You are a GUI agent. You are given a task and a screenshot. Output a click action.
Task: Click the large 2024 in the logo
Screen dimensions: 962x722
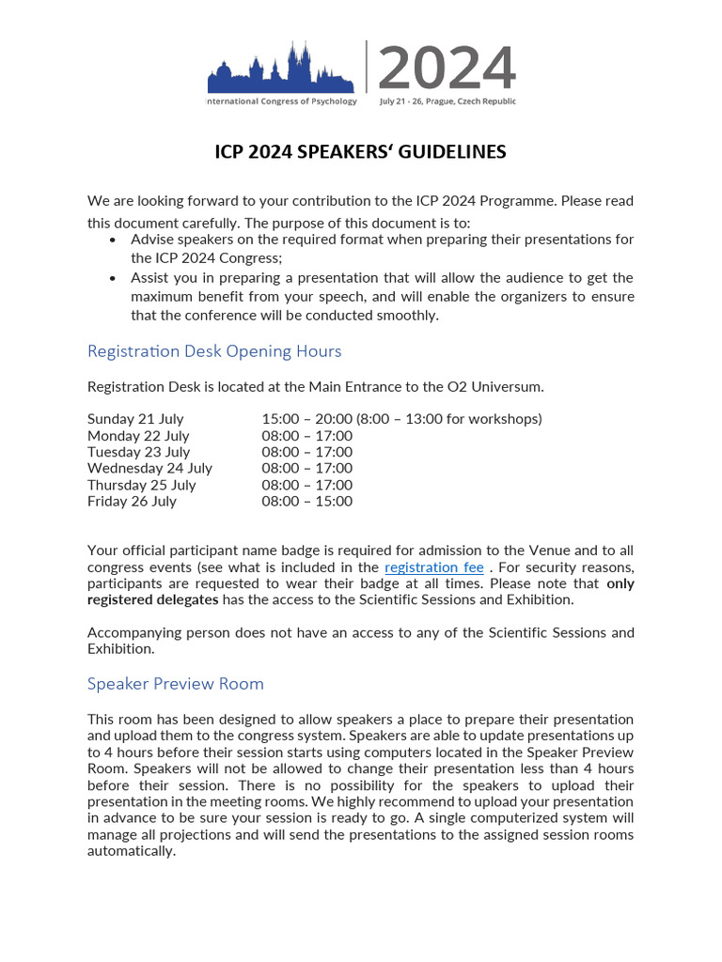point(447,69)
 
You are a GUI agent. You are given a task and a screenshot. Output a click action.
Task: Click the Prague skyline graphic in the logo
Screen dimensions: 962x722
point(282,70)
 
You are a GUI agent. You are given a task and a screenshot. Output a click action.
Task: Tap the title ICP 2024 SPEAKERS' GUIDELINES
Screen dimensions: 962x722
point(360,151)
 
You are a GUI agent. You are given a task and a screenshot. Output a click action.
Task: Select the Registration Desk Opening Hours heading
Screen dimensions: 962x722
point(214,351)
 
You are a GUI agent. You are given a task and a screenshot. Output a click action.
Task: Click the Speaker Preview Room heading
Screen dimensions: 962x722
point(175,684)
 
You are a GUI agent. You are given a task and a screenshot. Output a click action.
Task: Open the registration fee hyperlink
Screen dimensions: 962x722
point(434,567)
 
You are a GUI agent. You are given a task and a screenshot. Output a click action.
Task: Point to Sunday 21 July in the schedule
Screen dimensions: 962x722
point(135,419)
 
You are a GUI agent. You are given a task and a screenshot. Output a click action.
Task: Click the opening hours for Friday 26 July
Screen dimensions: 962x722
point(306,502)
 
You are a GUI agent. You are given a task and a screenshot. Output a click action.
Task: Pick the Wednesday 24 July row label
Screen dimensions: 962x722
point(149,468)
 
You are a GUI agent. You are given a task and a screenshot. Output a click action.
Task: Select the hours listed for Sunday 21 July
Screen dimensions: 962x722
point(401,419)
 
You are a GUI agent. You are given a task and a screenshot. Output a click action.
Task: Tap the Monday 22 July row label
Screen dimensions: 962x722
point(138,436)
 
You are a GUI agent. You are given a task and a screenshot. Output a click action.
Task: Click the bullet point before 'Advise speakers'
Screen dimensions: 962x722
point(113,240)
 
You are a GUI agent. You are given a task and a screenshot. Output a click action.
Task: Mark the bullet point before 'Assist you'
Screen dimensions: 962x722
point(113,278)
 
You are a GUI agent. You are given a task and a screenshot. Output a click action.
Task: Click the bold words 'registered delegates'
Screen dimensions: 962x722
point(152,599)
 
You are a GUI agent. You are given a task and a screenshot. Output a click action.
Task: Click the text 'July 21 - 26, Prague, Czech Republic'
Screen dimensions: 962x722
point(447,101)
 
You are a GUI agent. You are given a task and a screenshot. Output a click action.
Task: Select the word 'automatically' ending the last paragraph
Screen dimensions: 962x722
point(132,851)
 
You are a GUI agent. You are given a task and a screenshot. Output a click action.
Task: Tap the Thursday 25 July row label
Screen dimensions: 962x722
point(141,485)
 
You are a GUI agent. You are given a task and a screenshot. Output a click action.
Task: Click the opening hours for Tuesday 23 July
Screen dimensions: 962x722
point(306,452)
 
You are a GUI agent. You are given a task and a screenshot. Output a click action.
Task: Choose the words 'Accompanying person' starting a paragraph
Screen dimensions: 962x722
point(154,632)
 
